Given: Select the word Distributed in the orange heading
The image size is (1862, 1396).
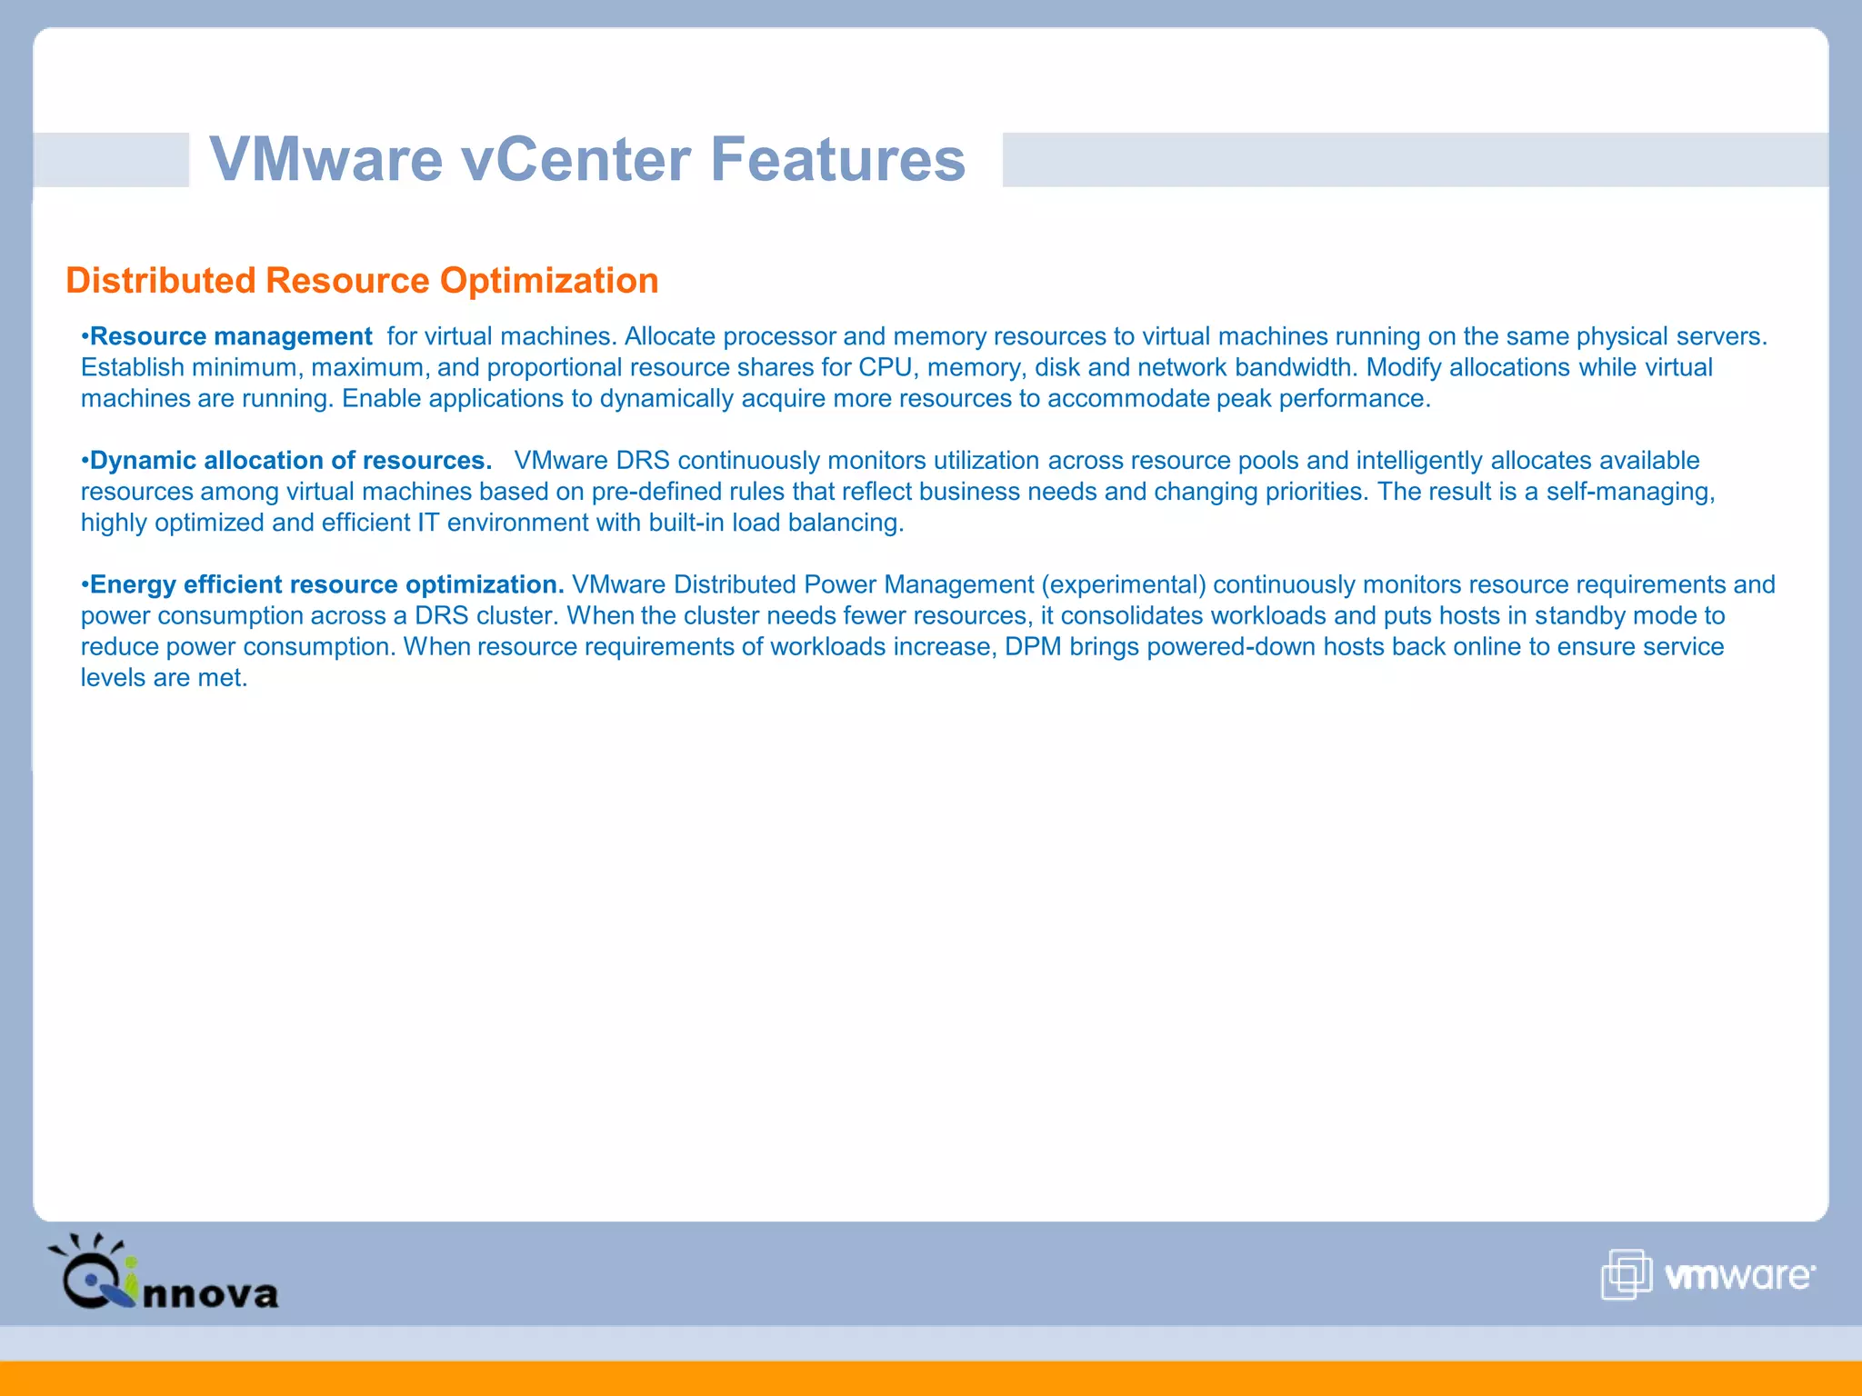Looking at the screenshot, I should (161, 281).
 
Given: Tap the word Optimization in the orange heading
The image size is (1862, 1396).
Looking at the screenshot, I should (549, 281).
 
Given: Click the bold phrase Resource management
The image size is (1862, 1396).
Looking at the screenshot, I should (231, 336).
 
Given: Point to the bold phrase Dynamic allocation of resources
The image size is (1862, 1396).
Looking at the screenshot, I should (291, 461).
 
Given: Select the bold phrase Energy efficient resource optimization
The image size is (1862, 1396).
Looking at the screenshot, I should (327, 584).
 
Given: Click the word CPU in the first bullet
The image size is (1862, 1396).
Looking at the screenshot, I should (885, 367).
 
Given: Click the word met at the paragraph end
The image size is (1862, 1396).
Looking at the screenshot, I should (222, 678).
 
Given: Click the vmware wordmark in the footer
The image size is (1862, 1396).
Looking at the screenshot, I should (1738, 1276).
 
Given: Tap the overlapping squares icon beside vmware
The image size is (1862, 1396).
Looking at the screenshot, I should (1626, 1274).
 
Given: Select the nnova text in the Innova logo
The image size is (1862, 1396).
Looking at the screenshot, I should (211, 1293).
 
